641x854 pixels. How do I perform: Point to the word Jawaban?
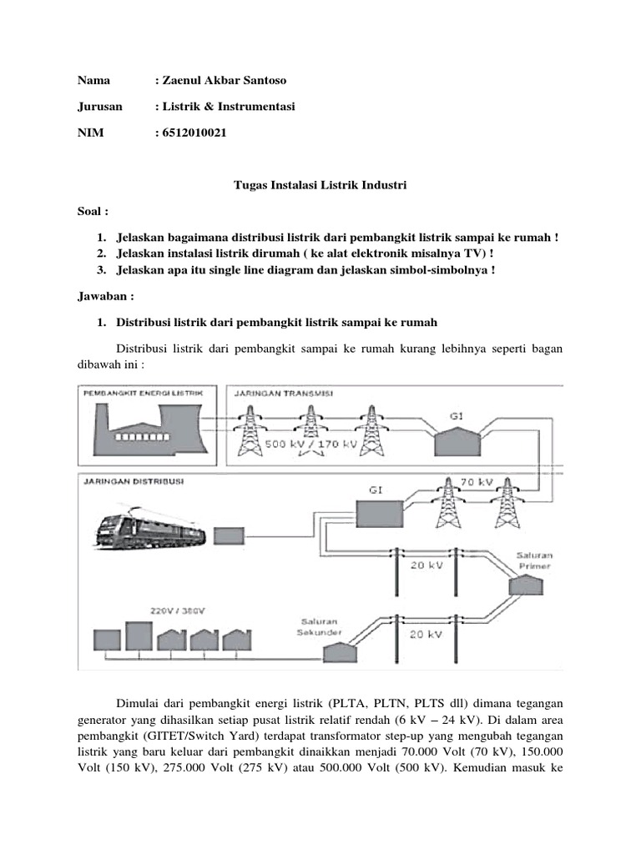pos(103,295)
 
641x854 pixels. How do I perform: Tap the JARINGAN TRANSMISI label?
pos(284,392)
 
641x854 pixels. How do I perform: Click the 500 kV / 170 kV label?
pos(311,445)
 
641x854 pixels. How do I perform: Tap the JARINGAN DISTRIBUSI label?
pos(134,481)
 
